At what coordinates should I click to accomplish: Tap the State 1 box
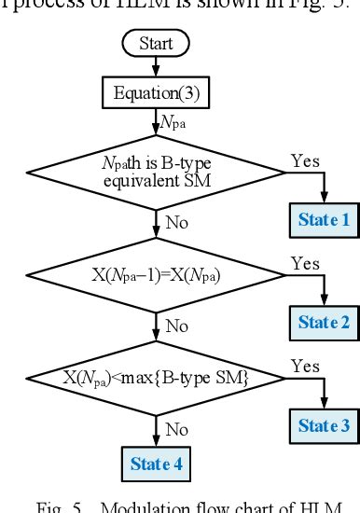(323, 220)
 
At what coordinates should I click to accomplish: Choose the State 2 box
(323, 323)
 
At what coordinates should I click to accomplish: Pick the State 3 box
(323, 426)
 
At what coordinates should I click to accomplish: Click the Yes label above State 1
(305, 161)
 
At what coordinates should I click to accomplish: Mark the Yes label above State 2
(305, 264)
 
